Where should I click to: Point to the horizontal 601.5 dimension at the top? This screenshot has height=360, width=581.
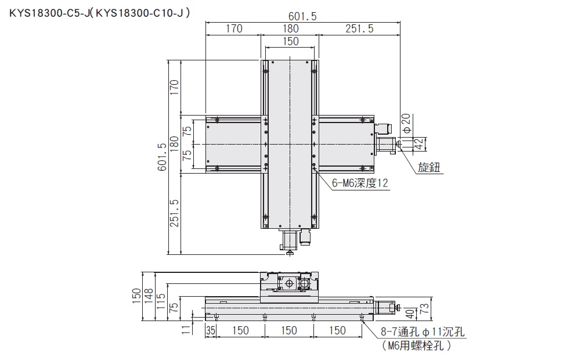coord(304,16)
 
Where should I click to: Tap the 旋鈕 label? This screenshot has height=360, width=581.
coord(430,168)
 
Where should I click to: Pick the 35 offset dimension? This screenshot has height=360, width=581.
coord(211,330)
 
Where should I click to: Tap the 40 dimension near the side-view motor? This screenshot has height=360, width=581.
coord(411,314)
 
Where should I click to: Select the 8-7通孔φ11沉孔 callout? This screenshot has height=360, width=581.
coord(423,333)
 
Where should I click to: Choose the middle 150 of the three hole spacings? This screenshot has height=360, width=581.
coord(288,330)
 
